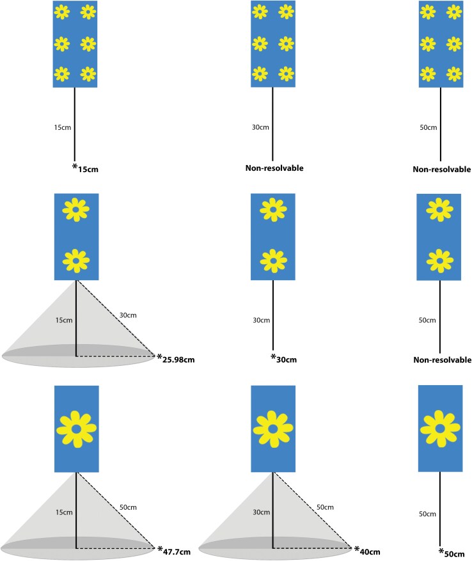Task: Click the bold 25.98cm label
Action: click(x=178, y=360)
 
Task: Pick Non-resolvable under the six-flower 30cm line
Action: click(x=274, y=169)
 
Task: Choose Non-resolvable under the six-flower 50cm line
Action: click(x=442, y=170)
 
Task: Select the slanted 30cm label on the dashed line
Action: click(x=128, y=315)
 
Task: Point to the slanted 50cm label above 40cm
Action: click(x=325, y=507)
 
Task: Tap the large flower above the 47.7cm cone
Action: click(x=76, y=428)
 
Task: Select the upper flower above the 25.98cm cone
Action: click(x=76, y=209)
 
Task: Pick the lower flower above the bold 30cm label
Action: click(x=272, y=261)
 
